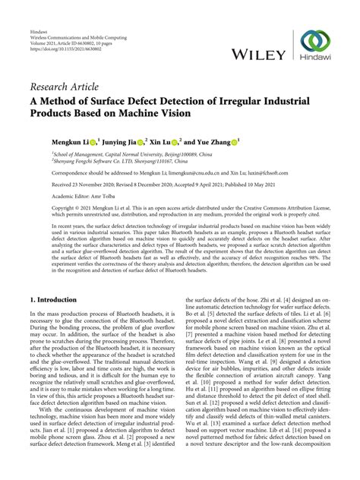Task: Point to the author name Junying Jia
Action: coord(121,141)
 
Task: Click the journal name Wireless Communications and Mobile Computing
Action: coord(78,18)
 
